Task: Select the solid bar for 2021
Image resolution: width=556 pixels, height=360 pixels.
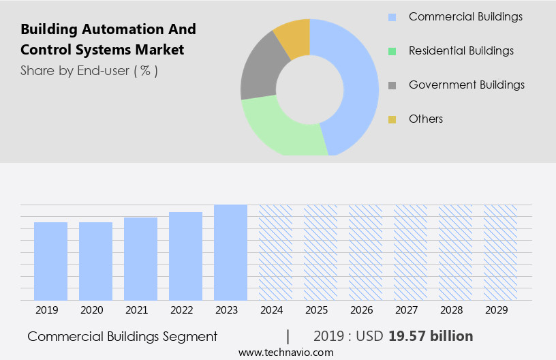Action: [x=140, y=259]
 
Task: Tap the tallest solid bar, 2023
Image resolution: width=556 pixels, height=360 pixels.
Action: [x=230, y=252]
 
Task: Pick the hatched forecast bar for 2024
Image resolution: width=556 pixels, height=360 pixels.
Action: [x=275, y=252]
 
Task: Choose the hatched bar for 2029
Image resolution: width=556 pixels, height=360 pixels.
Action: [x=500, y=252]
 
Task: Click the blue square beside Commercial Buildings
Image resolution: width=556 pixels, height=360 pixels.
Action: [x=392, y=17]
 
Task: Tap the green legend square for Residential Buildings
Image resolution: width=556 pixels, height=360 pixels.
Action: [x=392, y=51]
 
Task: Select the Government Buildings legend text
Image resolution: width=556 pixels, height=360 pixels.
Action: [x=467, y=85]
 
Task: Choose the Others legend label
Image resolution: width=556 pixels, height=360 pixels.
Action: [x=426, y=119]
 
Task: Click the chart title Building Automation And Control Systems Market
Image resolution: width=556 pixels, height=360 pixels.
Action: [x=108, y=40]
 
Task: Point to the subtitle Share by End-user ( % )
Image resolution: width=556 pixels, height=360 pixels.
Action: [x=89, y=70]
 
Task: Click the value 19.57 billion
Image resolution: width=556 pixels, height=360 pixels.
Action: [x=431, y=336]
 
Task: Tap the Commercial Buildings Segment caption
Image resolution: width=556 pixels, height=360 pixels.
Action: [x=123, y=336]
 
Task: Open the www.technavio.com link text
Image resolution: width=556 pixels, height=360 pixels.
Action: [x=285, y=352]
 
